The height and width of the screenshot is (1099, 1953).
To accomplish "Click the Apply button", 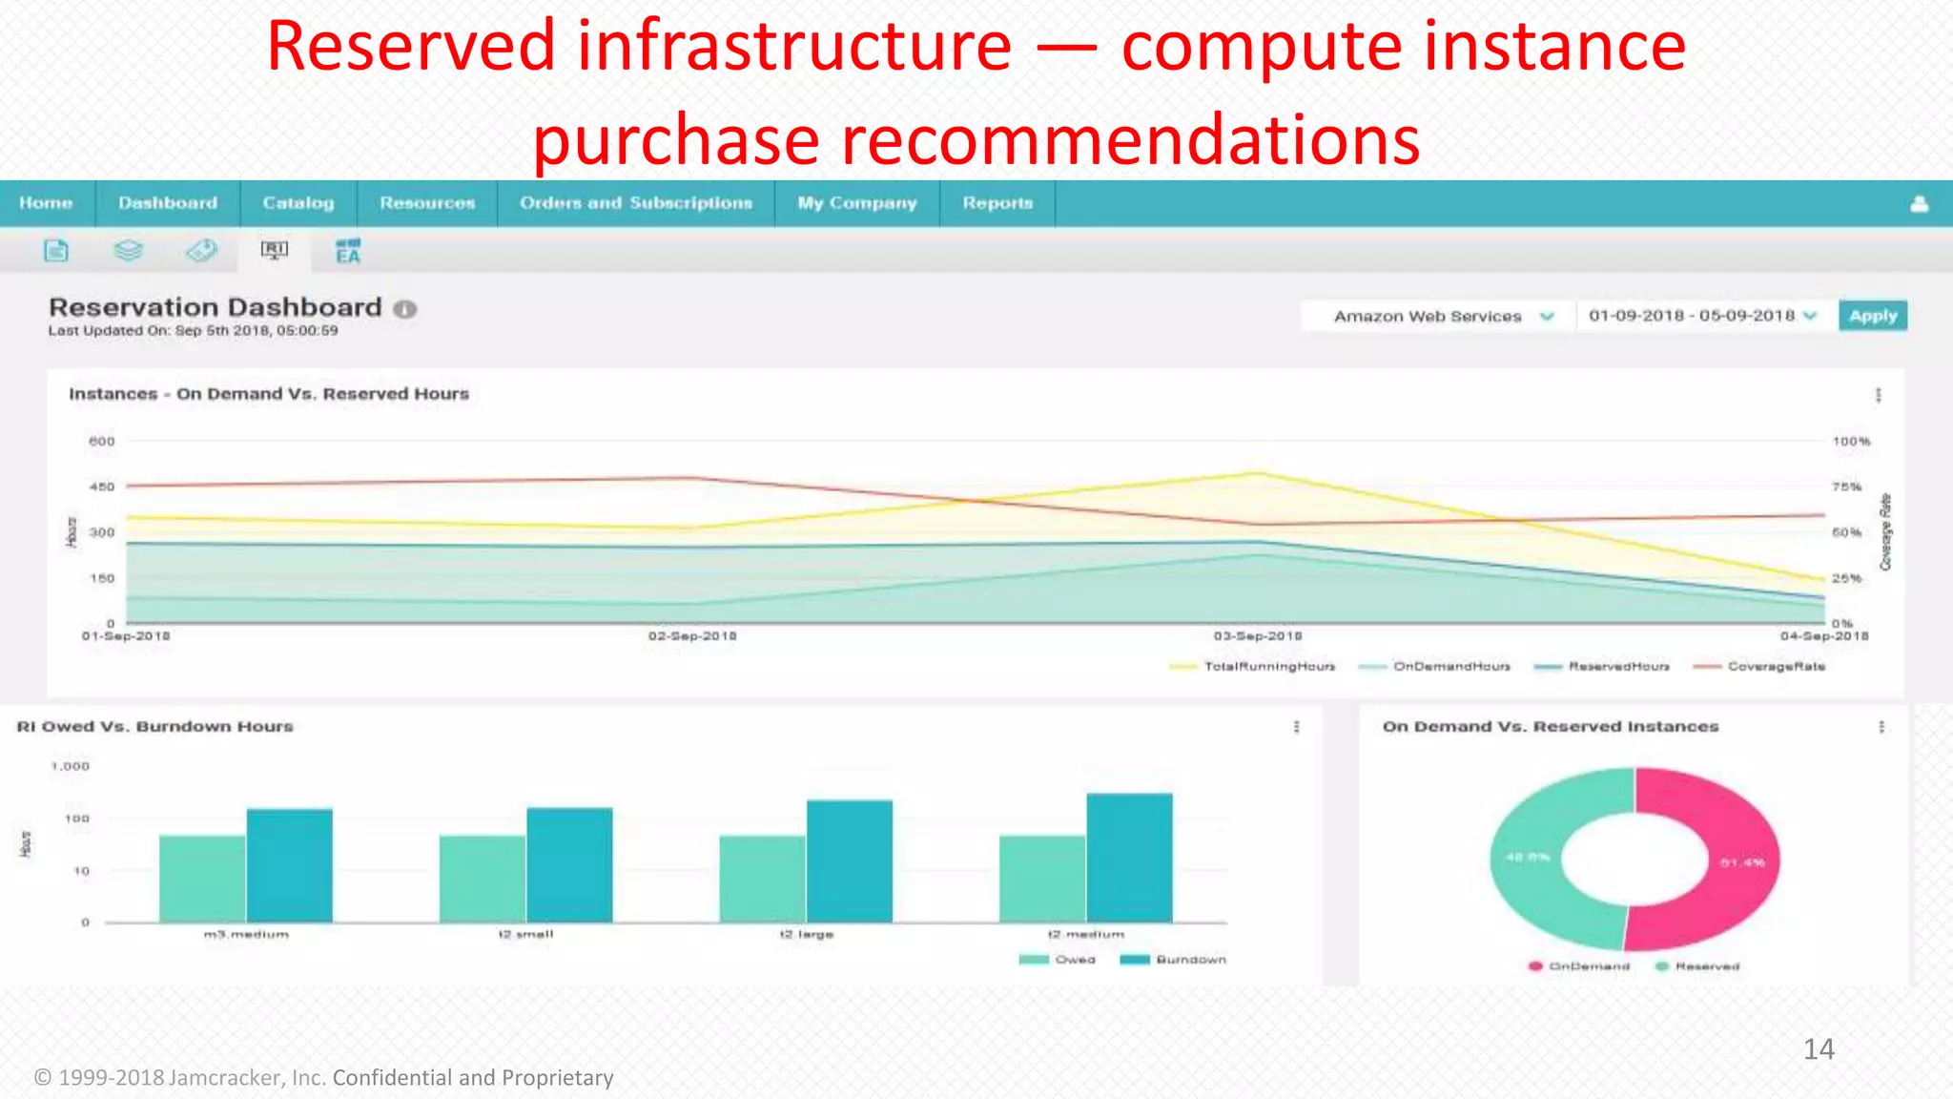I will [x=1872, y=316].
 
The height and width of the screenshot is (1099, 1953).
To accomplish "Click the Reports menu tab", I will [x=997, y=203].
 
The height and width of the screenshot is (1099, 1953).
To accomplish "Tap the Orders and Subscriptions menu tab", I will [x=635, y=203].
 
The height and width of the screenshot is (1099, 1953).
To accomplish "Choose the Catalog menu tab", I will [x=298, y=203].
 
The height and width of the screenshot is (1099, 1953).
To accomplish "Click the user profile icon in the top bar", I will [x=1920, y=204].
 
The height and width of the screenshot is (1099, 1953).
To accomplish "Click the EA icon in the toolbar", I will [x=348, y=251].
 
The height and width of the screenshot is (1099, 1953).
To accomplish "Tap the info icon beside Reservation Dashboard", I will [x=405, y=309].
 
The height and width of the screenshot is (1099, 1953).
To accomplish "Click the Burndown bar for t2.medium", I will [x=1129, y=858].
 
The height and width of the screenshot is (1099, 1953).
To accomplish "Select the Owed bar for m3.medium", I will [x=202, y=879].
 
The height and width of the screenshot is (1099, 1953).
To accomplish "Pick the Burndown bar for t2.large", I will [x=850, y=861].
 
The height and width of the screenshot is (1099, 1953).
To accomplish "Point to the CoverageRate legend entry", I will [x=1775, y=667].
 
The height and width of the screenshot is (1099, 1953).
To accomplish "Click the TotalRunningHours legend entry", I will [x=1268, y=667].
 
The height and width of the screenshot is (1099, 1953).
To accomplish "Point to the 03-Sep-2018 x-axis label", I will [x=1258, y=636].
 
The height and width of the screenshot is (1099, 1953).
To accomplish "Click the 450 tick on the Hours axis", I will [x=101, y=487].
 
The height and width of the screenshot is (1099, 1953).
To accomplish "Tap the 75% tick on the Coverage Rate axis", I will [x=1846, y=487].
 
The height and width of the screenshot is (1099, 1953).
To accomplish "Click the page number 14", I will [x=1819, y=1049].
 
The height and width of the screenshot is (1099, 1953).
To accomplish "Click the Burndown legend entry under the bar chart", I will [x=1189, y=960].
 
